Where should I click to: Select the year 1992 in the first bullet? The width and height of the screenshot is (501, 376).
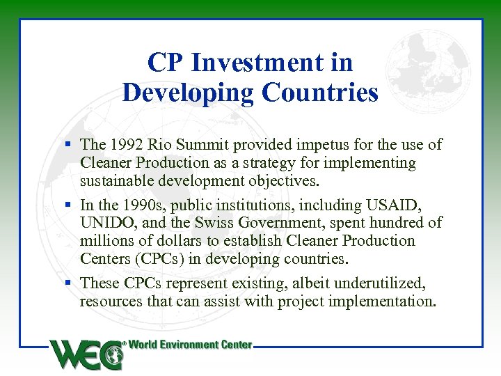click(125, 145)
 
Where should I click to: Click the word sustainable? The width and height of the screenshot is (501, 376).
click(118, 181)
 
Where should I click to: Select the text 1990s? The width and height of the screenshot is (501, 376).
click(147, 205)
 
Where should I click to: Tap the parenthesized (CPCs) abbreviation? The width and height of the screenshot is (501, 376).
click(159, 259)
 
